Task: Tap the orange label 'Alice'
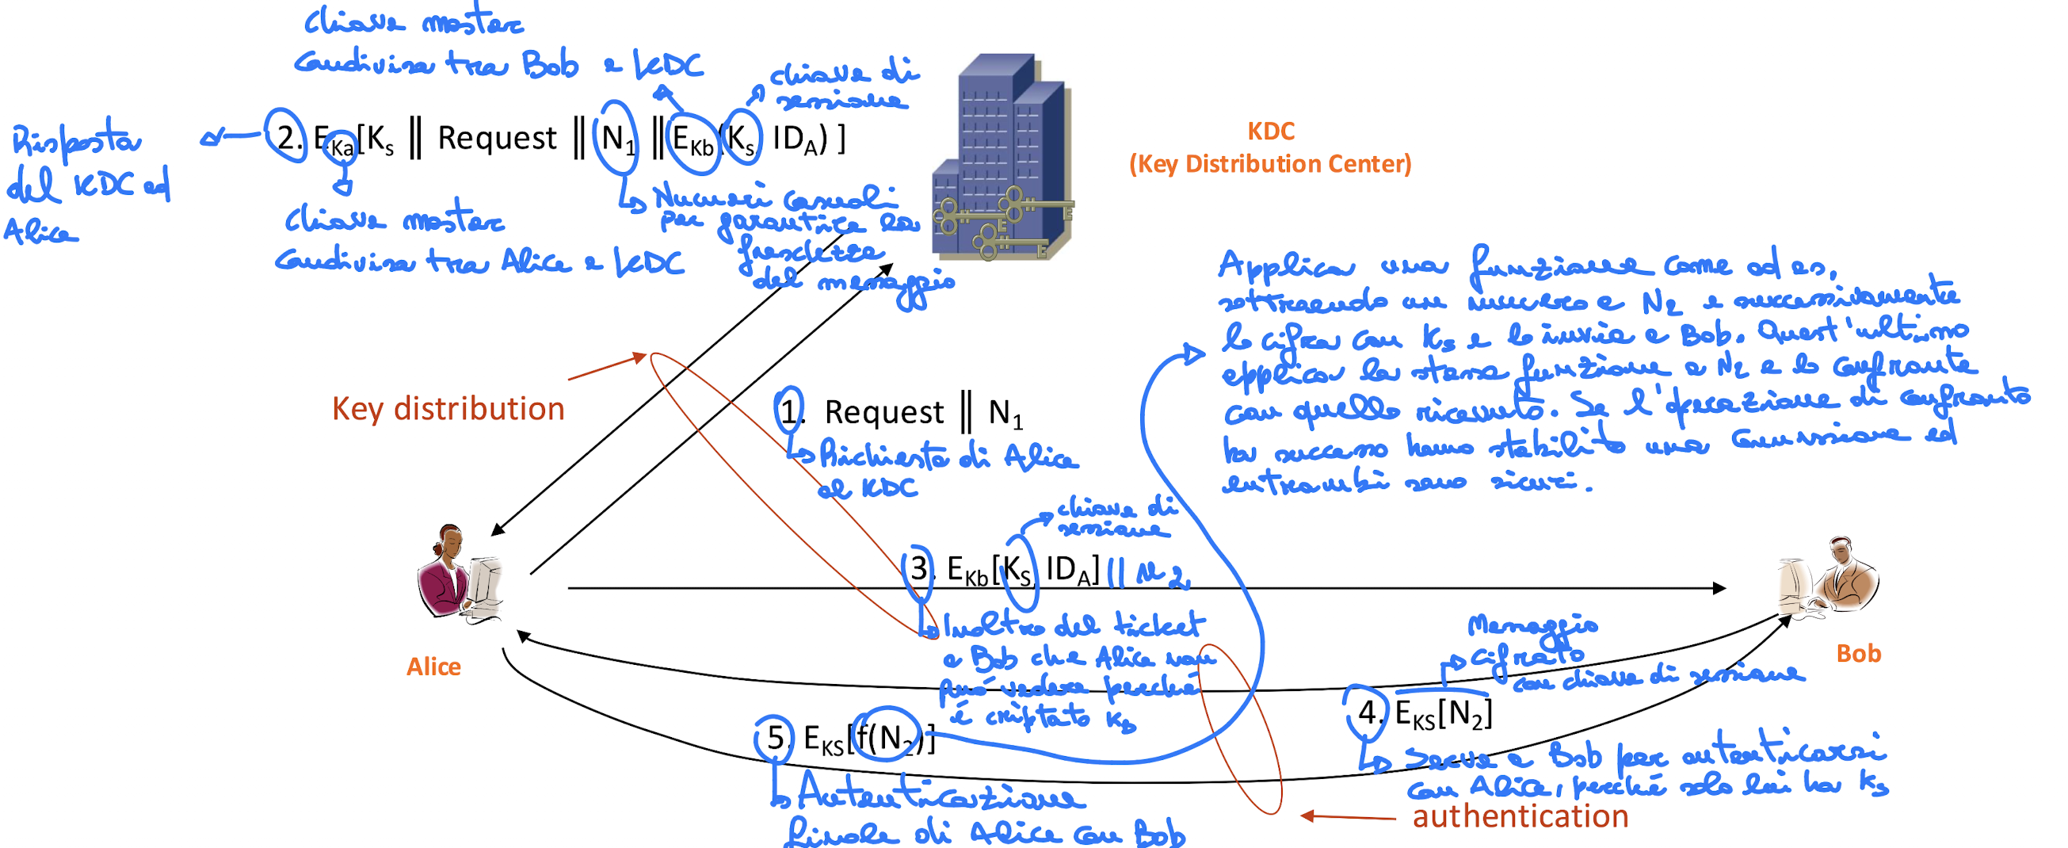coord(433,667)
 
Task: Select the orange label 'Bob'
coord(1859,654)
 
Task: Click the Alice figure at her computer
coord(460,572)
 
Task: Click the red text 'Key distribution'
coord(448,409)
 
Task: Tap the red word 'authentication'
coord(1520,816)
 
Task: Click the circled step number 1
coord(791,411)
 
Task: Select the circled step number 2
coord(287,137)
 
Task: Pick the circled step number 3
coord(918,569)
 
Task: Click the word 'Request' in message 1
coord(884,413)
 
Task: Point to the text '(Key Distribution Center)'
coord(1270,164)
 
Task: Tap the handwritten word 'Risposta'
coord(76,140)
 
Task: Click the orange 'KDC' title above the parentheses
coord(1271,131)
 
